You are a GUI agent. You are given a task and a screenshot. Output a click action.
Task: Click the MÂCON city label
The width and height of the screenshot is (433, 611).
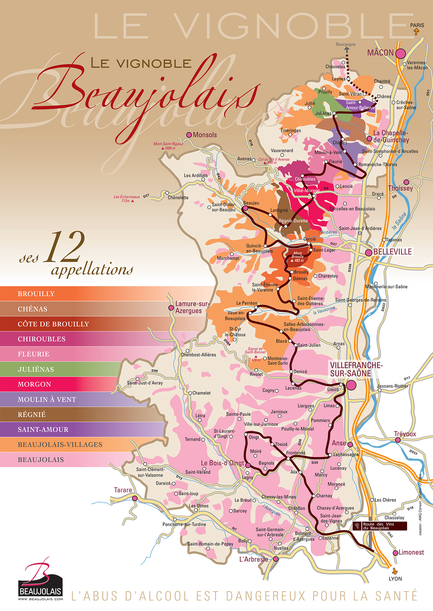pos(380,53)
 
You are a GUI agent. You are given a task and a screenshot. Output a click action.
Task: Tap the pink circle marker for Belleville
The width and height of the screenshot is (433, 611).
pos(368,252)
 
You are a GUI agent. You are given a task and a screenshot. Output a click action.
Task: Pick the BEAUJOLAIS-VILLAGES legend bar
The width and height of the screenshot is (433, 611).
pos(60,445)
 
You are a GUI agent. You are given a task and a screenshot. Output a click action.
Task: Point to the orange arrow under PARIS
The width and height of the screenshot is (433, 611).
pos(416,32)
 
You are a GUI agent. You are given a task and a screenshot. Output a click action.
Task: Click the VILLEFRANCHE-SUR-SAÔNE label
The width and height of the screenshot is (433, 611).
pos(356,369)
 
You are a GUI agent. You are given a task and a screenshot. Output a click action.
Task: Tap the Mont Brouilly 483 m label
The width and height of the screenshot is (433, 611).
pos(297,257)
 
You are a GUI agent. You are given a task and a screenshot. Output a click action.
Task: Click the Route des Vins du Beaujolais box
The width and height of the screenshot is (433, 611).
pos(380,526)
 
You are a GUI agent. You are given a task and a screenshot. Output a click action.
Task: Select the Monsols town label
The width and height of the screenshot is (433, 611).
pos(204,135)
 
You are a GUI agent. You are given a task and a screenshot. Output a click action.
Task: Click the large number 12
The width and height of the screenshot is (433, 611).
pos(64,247)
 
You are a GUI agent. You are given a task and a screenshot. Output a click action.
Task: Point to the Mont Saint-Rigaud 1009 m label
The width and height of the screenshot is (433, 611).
pos(168,146)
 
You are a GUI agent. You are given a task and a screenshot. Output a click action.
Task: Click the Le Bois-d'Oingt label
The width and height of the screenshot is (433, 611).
pos(222,463)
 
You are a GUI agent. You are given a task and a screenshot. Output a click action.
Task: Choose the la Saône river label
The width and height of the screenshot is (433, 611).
pos(399,221)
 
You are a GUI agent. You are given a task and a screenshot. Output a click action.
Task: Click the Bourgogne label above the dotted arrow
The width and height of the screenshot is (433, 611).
pos(346,45)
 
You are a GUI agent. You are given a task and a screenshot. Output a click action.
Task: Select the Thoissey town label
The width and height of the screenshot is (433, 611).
pos(400,188)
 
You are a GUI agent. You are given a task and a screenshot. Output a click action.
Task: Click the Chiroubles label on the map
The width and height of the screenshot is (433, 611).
pos(305,179)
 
